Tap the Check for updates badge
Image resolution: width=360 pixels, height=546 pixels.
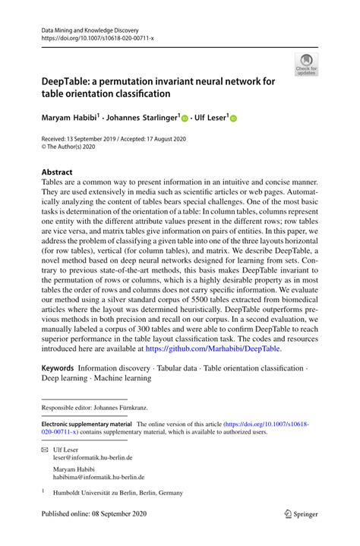pos(306,65)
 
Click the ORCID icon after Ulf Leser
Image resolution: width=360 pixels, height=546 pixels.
pos(233,118)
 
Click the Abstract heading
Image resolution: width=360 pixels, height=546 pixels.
pos(57,172)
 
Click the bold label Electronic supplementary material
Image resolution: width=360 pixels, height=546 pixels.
pos(85,424)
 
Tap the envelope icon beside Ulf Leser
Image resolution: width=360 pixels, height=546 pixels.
pos(45,450)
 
